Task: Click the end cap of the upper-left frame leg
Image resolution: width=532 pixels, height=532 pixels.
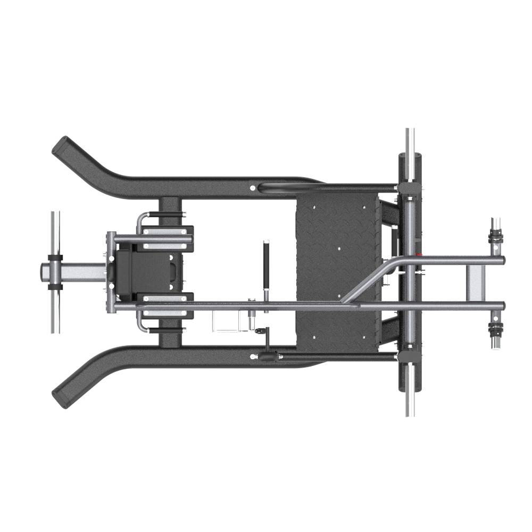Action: pyautogui.click(x=60, y=145)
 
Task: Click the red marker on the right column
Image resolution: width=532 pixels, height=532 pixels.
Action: pyautogui.click(x=420, y=254)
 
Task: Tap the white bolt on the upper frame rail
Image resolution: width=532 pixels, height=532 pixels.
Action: pyautogui.click(x=252, y=187)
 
